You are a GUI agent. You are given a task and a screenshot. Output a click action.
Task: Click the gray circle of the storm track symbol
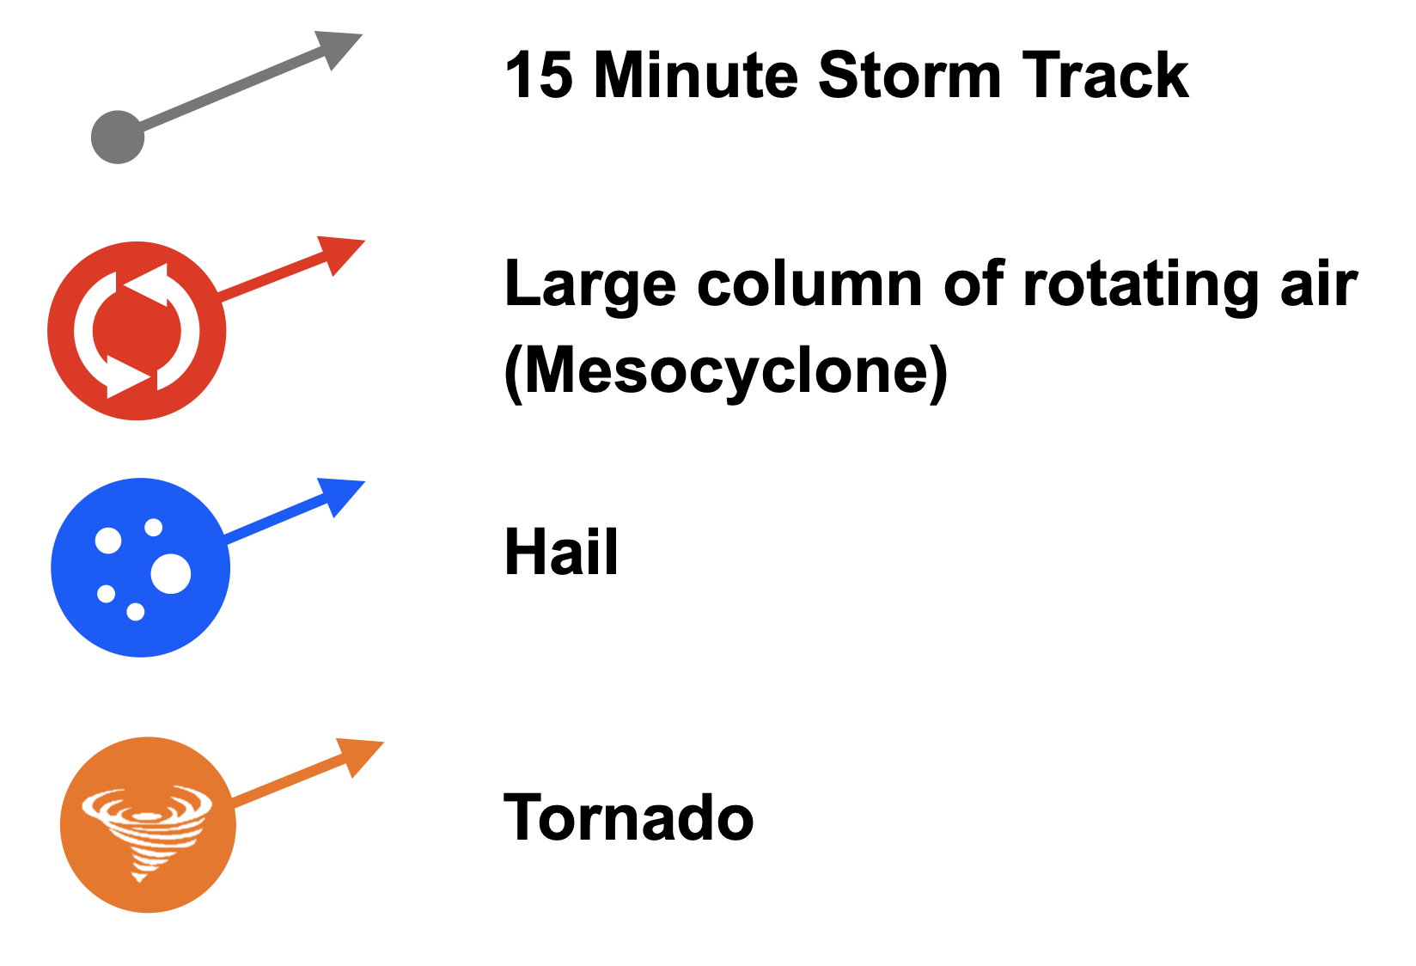pos(118,138)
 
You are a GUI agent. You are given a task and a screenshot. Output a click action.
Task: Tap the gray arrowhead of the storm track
pos(336,46)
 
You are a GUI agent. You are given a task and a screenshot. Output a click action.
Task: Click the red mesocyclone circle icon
pos(137,331)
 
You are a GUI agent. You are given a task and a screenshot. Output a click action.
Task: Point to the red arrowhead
pos(339,253)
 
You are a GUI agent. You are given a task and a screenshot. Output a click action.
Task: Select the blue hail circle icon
pos(140,568)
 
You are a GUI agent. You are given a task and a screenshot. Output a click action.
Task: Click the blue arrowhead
pos(339,494)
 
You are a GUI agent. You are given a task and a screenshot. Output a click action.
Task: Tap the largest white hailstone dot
pos(171,574)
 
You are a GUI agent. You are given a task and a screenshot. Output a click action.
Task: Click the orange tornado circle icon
pos(148,825)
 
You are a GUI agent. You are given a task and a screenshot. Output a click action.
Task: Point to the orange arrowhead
pos(357,755)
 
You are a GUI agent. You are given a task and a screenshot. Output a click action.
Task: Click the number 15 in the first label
pos(540,76)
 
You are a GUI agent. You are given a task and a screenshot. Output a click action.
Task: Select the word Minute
pos(696,76)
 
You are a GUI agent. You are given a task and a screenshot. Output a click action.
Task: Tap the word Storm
pos(910,76)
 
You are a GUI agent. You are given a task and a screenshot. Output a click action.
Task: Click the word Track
pos(1106,76)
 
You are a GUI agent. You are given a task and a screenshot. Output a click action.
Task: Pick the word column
pos(809,284)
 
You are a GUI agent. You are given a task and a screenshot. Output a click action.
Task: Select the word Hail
pos(561,552)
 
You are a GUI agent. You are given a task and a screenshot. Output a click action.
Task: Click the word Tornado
pos(628,817)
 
